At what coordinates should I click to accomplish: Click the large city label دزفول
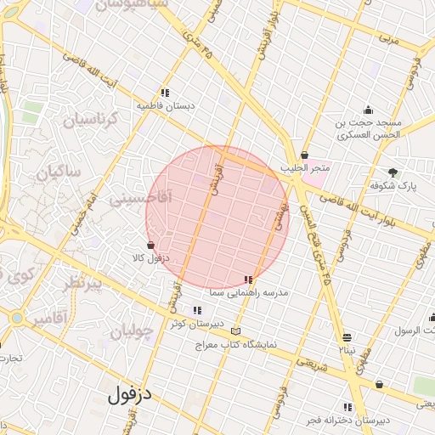pyautogui.click(x=129, y=394)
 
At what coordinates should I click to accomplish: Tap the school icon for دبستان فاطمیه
pyautogui.click(x=164, y=93)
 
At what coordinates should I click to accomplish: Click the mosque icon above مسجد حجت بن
pyautogui.click(x=368, y=110)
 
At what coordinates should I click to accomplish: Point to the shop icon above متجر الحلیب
pyautogui.click(x=304, y=155)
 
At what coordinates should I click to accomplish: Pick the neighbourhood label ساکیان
pyautogui.click(x=59, y=172)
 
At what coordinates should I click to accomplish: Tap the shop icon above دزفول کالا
pyautogui.click(x=150, y=245)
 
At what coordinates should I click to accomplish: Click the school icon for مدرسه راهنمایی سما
pyautogui.click(x=248, y=280)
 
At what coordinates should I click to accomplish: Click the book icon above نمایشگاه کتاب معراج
pyautogui.click(x=235, y=331)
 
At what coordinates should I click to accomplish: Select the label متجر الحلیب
pyautogui.click(x=309, y=170)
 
